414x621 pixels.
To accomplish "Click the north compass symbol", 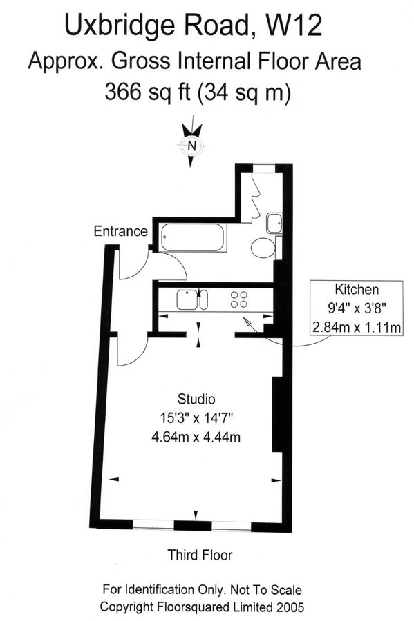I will pos(192,145).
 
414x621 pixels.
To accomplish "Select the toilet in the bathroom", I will pos(263,248).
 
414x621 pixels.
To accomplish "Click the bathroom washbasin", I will pos(273,222).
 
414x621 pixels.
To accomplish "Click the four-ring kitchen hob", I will pos(239,299).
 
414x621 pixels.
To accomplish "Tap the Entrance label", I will pos(120,231).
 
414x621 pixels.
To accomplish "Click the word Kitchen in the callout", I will pos(357,289).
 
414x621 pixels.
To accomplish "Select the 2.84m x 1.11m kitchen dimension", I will pos(357,327).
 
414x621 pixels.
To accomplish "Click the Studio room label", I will pos(196,399).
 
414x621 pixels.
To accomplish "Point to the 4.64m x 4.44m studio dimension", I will pos(196,437).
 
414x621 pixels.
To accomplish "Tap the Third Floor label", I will pos(200,555).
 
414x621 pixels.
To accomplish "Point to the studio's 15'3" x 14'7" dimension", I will pos(196,417).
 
